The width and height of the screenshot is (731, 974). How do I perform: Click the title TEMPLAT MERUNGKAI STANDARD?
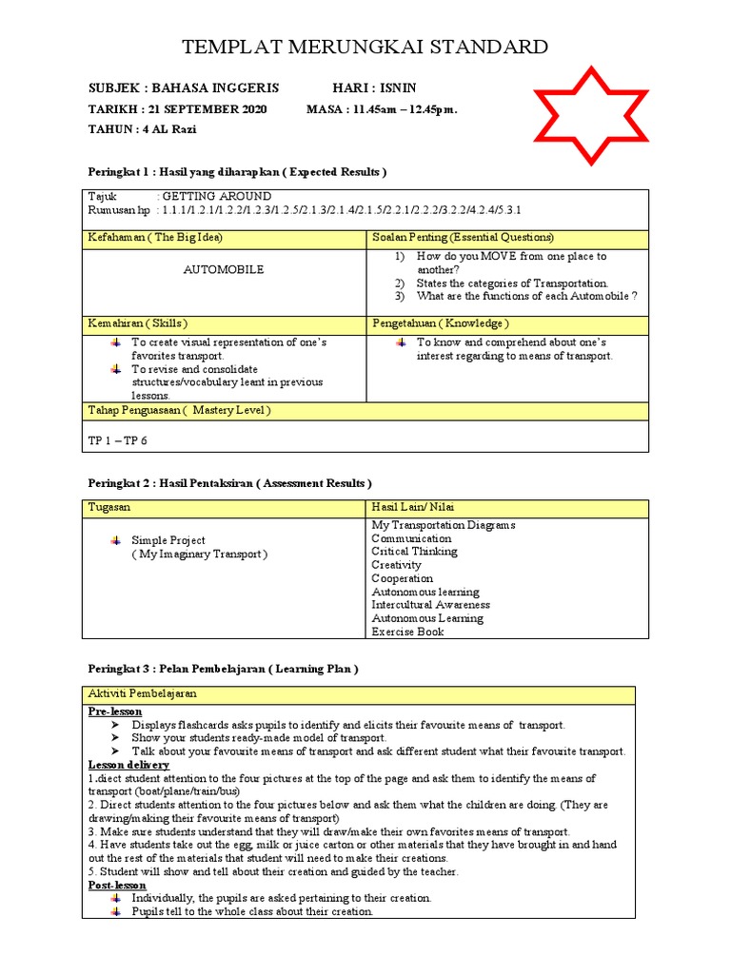coord(365,47)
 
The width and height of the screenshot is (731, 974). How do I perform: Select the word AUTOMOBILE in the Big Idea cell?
coord(224,270)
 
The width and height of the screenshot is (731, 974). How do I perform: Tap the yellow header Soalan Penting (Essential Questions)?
coord(464,237)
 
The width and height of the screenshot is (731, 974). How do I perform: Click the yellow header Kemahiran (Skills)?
coord(137,323)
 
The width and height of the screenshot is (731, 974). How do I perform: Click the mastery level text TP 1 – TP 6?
coord(118,440)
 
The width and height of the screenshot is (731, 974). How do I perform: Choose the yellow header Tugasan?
coord(109,509)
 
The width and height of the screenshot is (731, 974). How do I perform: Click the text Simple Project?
coord(168,540)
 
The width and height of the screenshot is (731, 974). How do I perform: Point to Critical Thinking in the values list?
coord(414,552)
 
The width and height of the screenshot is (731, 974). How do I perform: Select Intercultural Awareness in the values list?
coord(431,605)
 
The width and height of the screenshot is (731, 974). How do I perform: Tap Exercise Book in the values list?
coord(407,632)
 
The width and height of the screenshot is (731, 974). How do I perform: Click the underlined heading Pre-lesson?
coord(115,711)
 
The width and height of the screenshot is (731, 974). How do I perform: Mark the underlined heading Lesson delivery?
coord(129,765)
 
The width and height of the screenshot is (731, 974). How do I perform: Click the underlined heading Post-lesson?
coord(117,885)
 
